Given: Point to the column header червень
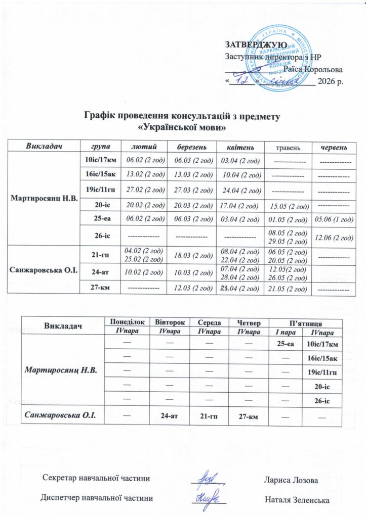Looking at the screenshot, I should point(333,147).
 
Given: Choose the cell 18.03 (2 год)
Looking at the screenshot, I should point(191,256).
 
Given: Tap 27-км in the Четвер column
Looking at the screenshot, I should point(245,416).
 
